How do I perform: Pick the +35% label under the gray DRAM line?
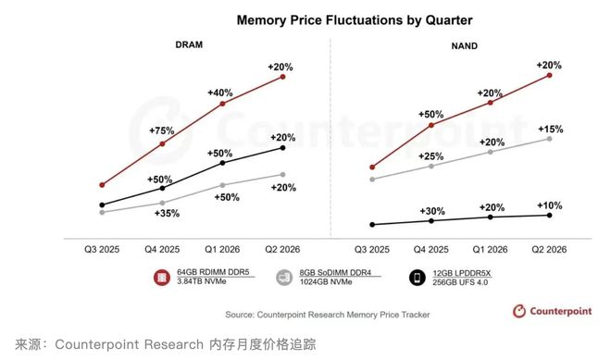click(x=166, y=214)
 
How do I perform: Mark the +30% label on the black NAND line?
click(x=432, y=210)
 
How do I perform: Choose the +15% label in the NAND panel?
click(x=550, y=129)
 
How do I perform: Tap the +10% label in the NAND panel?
click(x=550, y=205)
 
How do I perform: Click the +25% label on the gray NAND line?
click(x=432, y=155)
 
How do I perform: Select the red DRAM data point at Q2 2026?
click(x=282, y=77)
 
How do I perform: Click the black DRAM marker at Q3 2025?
click(x=102, y=205)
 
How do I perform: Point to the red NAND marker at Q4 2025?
click(x=431, y=124)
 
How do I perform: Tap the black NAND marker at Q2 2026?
click(x=550, y=216)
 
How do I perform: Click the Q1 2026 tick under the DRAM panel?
click(x=222, y=248)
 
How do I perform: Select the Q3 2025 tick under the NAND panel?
click(x=372, y=248)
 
